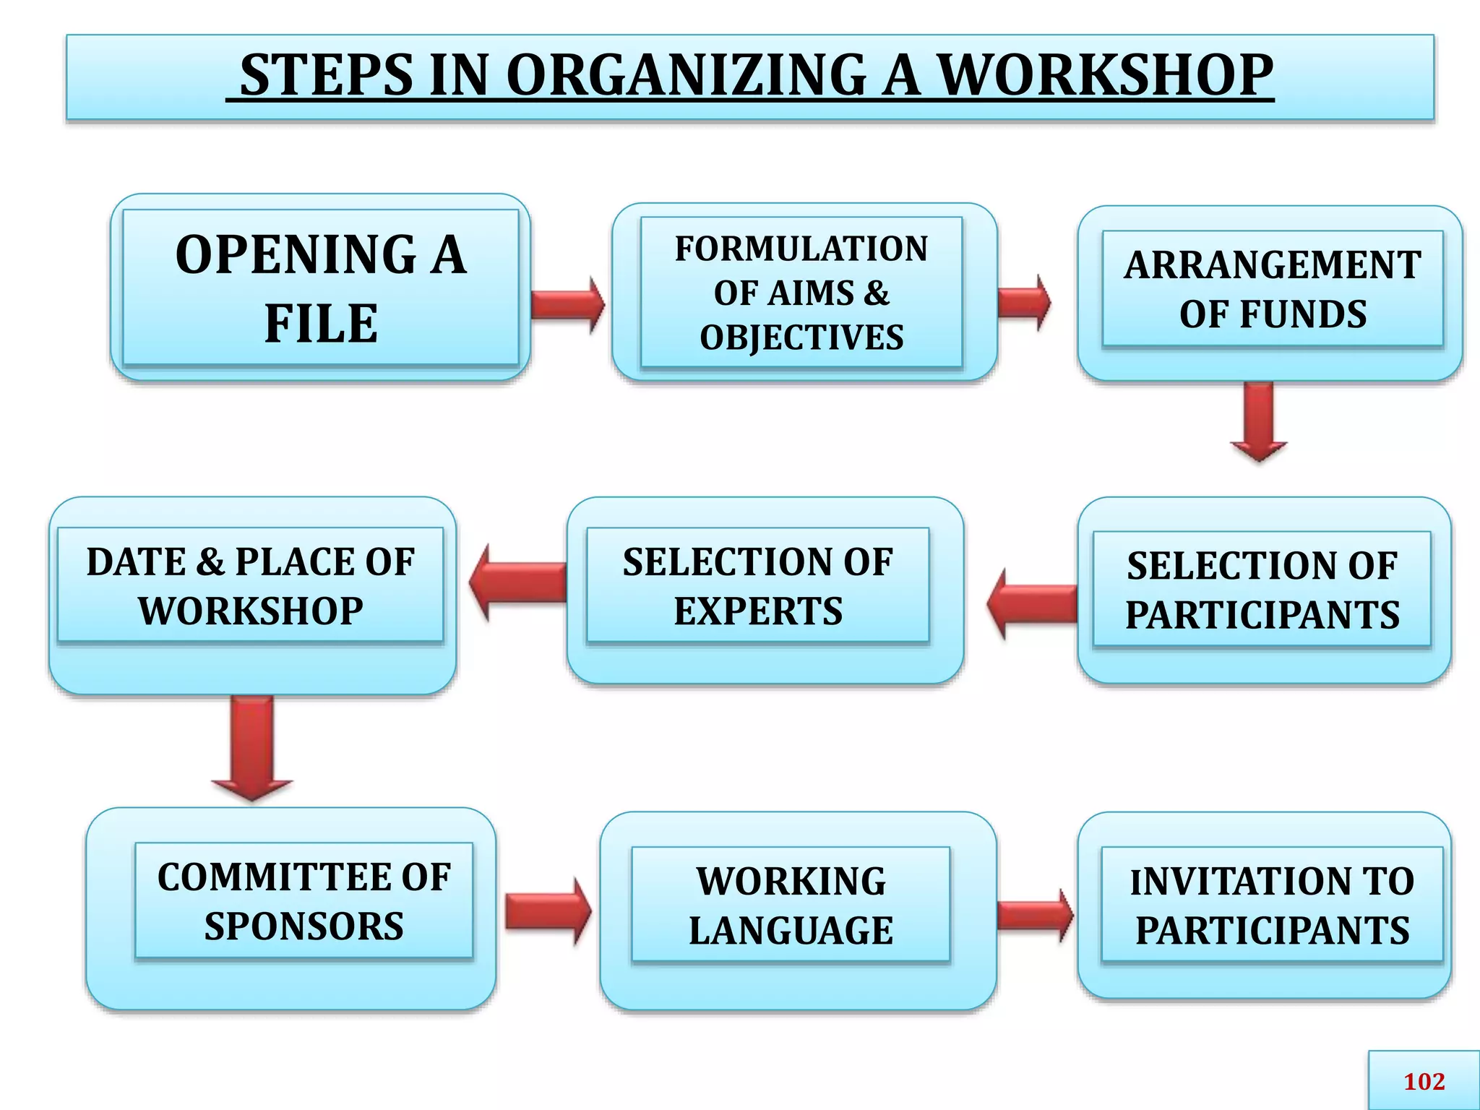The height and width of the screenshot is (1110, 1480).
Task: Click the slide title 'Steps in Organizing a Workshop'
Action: click(750, 76)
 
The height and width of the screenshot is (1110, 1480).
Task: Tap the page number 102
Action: click(1424, 1081)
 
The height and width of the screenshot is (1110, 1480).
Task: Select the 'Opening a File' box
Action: click(321, 288)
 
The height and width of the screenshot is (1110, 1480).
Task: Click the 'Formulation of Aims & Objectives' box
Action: click(801, 293)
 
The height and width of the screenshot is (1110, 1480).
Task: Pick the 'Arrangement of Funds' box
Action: click(1272, 289)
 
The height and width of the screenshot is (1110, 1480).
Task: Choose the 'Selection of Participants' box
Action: click(1262, 590)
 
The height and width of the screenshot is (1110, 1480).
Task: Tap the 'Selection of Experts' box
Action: click(758, 586)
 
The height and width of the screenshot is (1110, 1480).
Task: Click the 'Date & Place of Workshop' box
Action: click(250, 586)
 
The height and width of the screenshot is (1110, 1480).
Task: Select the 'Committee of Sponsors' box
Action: click(304, 901)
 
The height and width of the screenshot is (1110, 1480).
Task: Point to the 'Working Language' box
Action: click(791, 905)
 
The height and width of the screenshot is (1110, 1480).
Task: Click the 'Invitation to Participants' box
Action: click(1272, 905)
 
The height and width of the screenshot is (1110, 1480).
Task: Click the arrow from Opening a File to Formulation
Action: click(568, 304)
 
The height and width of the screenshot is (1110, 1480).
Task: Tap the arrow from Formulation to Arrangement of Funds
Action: click(1024, 302)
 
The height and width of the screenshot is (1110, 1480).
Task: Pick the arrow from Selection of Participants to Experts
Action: click(1031, 603)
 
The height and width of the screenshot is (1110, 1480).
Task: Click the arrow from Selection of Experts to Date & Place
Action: click(517, 582)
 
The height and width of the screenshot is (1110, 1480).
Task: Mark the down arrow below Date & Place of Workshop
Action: click(252, 748)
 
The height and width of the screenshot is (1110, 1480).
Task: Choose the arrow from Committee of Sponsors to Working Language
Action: click(548, 911)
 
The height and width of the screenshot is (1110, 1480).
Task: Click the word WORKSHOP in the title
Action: click(1105, 76)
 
